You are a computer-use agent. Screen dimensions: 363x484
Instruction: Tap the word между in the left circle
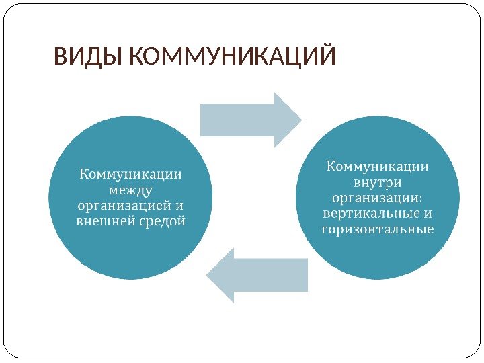tap(130, 190)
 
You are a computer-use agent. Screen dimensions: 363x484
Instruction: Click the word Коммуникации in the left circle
tap(130, 174)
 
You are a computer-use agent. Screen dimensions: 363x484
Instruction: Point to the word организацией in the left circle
tap(122, 205)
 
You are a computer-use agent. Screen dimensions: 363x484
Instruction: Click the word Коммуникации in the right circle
tap(378, 165)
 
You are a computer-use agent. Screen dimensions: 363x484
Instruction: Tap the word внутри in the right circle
tap(378, 182)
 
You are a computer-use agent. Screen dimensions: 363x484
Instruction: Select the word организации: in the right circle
tap(378, 198)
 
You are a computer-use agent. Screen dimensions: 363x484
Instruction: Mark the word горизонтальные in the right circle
tap(378, 230)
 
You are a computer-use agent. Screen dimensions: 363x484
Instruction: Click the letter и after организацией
tap(179, 204)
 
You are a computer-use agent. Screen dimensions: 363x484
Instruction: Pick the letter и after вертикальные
tap(428, 214)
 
